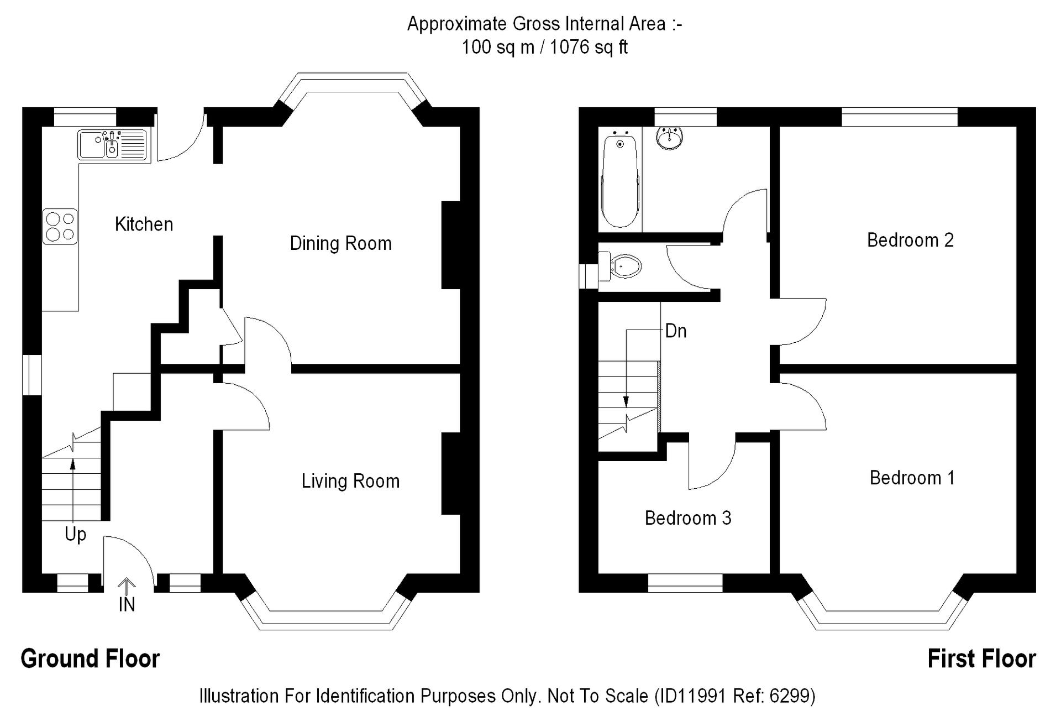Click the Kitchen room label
coord(144,224)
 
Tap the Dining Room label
coord(341,243)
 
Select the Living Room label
coord(350,481)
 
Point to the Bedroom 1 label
coord(912,478)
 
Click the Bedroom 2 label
coord(910,240)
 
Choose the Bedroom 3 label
coord(688,518)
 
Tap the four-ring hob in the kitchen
coord(60,227)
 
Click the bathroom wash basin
coord(669,137)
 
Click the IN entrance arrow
coord(127,586)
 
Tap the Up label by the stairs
coord(76,535)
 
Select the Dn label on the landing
coord(676,331)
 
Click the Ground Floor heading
coord(90,658)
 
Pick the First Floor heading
coord(981,658)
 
